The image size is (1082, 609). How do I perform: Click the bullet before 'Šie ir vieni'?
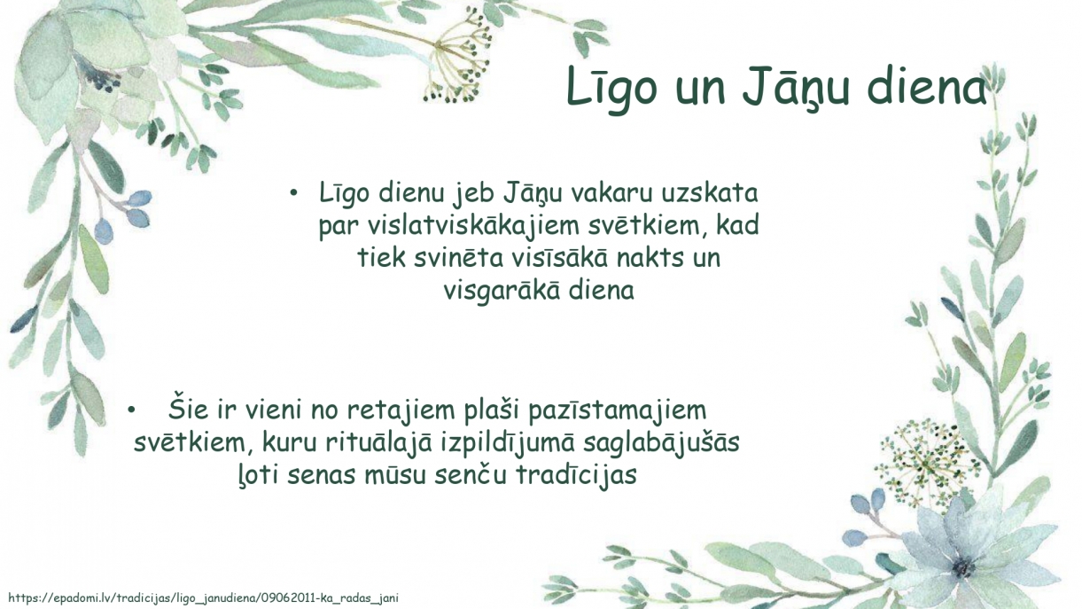[x=130, y=410]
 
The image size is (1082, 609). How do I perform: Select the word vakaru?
[x=611, y=193]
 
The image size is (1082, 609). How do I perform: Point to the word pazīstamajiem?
[x=617, y=410]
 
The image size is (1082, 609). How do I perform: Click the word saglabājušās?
[x=661, y=443]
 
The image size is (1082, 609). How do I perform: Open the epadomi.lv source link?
[x=203, y=598]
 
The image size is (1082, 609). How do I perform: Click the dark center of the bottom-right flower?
[x=963, y=567]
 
